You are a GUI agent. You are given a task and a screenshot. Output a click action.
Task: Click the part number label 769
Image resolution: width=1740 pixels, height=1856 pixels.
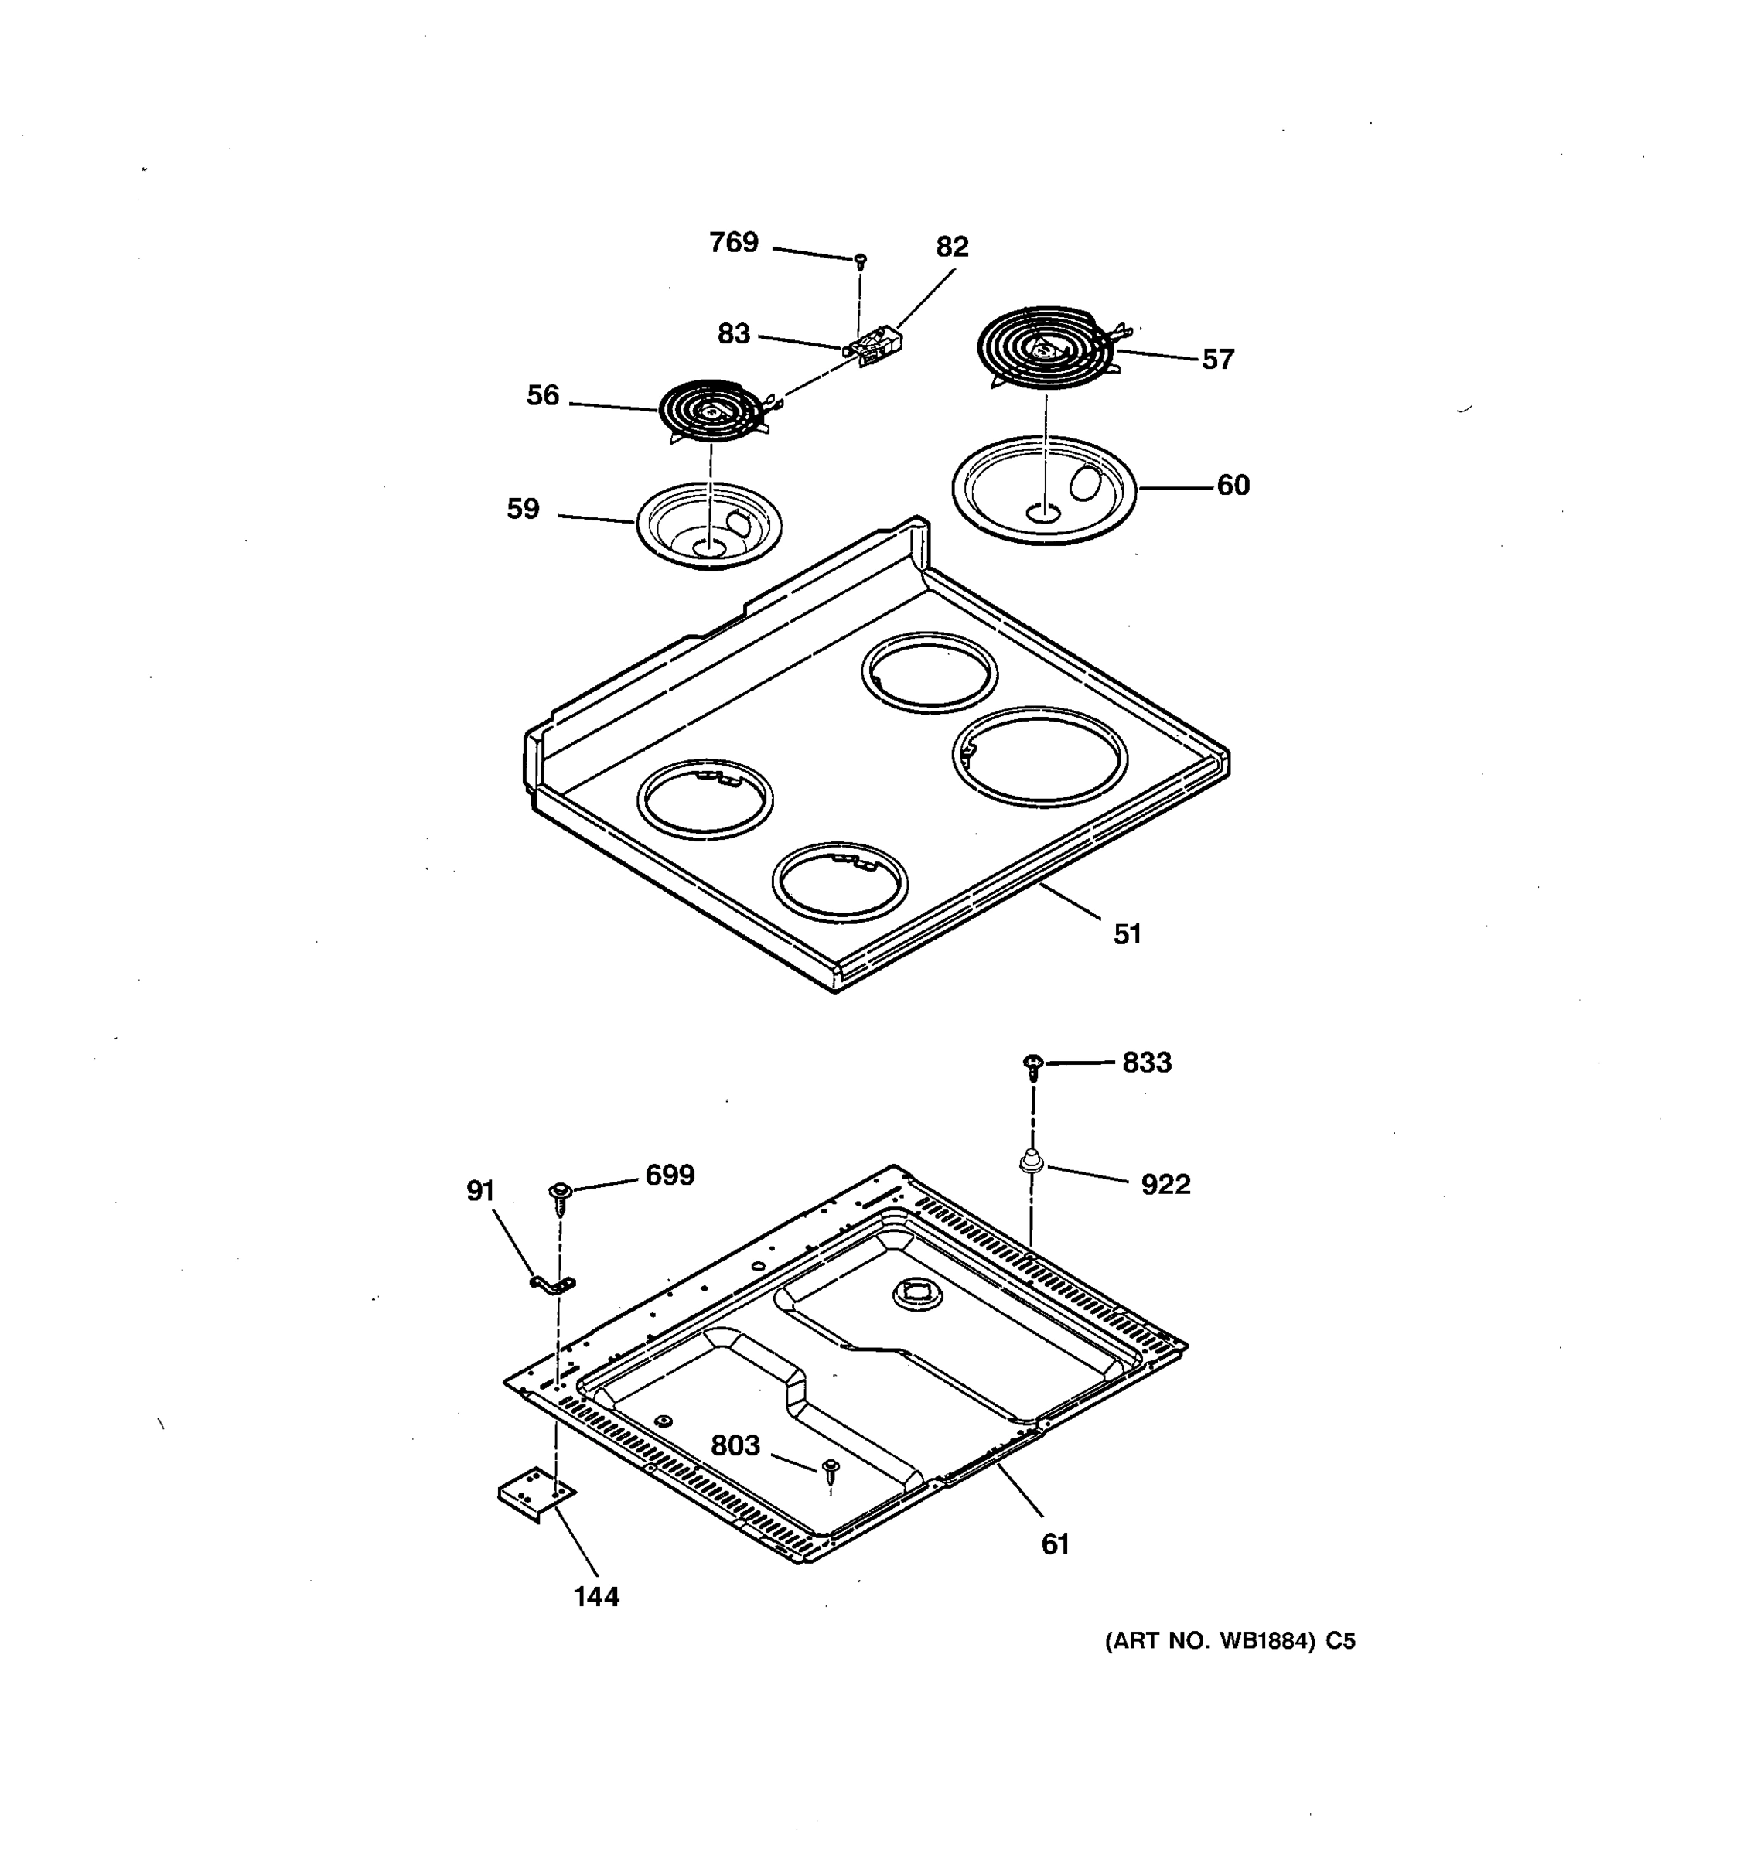(734, 243)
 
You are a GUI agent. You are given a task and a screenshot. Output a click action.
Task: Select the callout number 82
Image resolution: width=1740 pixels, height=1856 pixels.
(952, 247)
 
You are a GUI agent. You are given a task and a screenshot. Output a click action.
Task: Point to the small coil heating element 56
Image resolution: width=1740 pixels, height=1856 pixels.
(711, 411)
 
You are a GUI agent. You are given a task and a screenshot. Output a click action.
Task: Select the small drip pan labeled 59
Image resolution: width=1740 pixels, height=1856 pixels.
(709, 526)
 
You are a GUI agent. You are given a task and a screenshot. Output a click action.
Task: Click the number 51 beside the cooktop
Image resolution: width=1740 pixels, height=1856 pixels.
(1128, 934)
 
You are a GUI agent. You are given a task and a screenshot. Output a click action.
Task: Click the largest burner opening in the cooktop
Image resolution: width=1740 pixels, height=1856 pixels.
(1040, 756)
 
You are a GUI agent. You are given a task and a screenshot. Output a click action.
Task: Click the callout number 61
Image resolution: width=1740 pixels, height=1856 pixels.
(1055, 1545)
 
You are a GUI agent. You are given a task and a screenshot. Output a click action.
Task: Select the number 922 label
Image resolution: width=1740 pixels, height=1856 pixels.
(1166, 1185)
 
